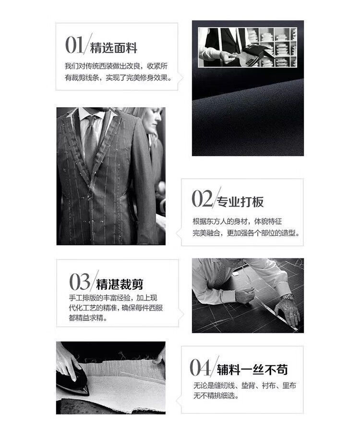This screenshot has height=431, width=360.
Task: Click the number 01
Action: tap(74, 45)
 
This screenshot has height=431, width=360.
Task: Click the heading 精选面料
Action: tap(114, 48)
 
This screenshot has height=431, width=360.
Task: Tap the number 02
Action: tap(202, 198)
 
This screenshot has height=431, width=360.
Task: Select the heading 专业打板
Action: tap(240, 202)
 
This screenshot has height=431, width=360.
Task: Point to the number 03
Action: tap(79, 282)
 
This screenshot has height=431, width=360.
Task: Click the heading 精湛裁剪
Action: tap(120, 284)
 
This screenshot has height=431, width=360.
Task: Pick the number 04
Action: tap(200, 368)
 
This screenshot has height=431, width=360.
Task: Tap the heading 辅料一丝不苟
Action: tap(252, 369)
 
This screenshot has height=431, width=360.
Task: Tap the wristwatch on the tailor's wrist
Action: tap(287, 297)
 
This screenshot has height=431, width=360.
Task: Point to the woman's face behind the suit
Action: tap(155, 118)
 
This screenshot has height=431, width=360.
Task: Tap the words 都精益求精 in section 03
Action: tap(86, 318)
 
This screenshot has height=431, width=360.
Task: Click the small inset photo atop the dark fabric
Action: tap(247, 47)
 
